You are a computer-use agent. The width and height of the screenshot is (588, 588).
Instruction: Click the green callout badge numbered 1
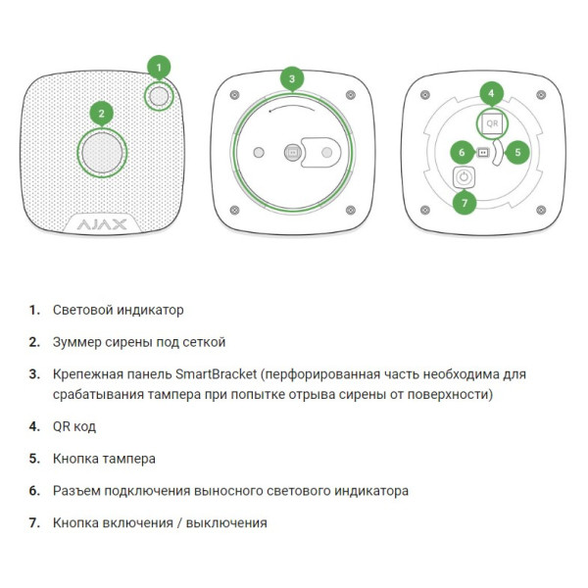(x=159, y=68)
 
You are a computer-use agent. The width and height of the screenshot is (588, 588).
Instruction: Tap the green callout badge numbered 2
(x=101, y=114)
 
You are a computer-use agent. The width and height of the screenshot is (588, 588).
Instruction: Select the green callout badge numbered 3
(x=292, y=78)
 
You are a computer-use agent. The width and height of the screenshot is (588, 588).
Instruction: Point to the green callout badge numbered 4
(x=491, y=94)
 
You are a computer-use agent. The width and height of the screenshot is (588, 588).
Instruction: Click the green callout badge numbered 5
(x=517, y=152)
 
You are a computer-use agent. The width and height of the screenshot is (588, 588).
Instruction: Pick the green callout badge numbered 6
(x=462, y=152)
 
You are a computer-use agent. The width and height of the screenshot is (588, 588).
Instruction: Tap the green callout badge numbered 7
(x=465, y=203)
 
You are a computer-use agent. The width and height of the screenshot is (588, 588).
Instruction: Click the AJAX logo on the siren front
(x=102, y=224)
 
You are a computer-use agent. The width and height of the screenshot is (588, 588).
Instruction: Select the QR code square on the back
(x=492, y=123)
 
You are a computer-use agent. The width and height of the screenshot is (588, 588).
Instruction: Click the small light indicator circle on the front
(x=159, y=96)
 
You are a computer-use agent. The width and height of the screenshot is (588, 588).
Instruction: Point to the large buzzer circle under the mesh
(x=102, y=153)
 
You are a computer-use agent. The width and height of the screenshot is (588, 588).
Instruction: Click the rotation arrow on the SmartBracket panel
(x=292, y=107)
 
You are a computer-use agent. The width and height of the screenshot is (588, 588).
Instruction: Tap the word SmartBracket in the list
(x=216, y=374)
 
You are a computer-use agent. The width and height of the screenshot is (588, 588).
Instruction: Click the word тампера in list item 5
(x=129, y=459)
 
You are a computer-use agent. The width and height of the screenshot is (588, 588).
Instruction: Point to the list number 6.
(x=34, y=491)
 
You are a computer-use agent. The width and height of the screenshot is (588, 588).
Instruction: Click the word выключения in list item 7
(x=226, y=523)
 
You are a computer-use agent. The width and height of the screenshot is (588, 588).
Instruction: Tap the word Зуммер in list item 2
(x=76, y=342)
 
